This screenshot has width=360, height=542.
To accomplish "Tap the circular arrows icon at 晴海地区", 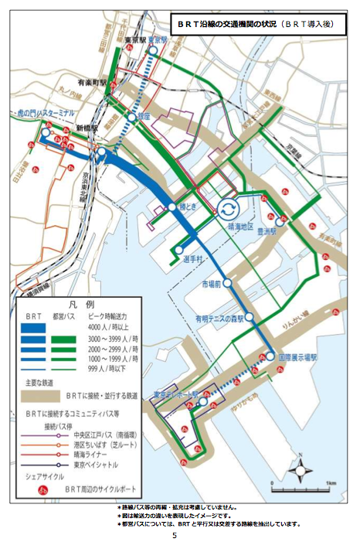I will point(229,210).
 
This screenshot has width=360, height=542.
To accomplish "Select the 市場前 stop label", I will point(211,285).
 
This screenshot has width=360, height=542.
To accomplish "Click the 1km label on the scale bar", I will point(331,482).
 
